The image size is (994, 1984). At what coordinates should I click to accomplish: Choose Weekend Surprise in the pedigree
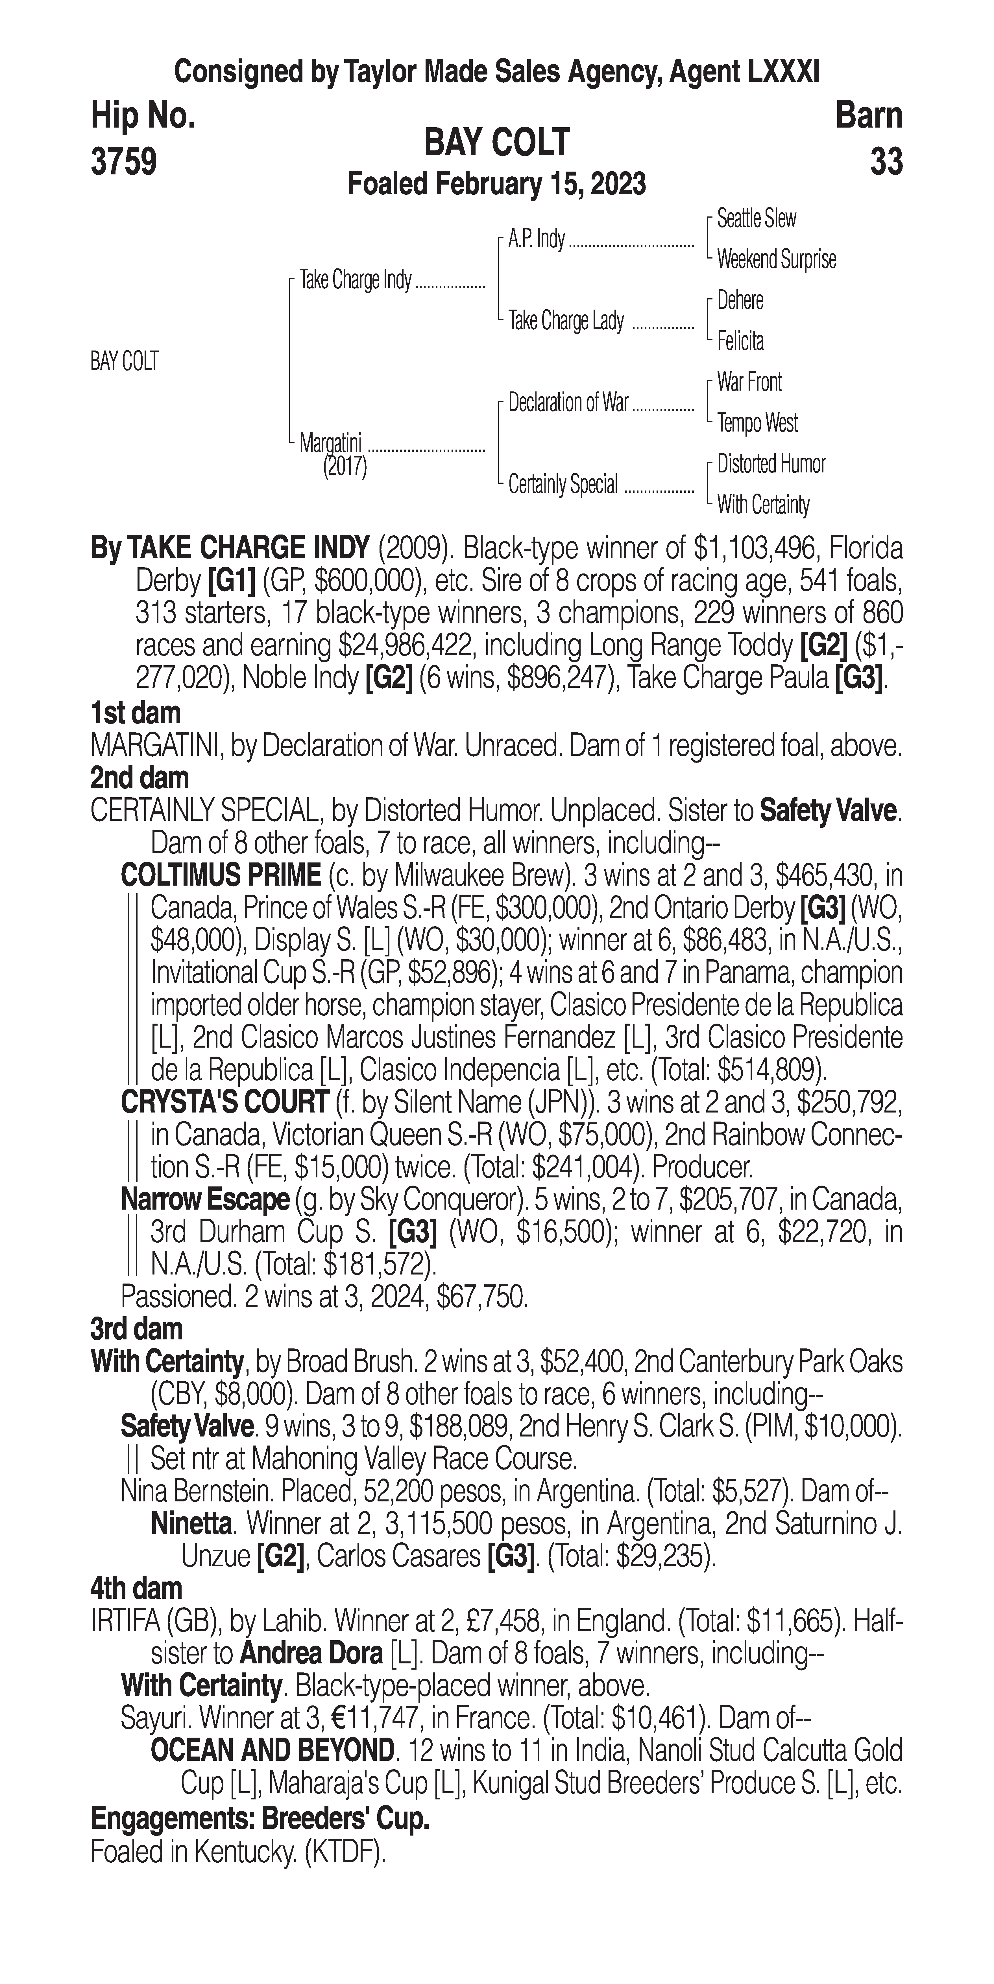point(776,260)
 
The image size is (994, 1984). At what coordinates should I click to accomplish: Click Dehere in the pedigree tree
point(740,300)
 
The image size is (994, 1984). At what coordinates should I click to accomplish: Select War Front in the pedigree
point(749,382)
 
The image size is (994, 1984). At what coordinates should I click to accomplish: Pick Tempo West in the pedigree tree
point(757,423)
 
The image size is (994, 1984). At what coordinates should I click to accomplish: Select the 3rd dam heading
point(136,1329)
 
